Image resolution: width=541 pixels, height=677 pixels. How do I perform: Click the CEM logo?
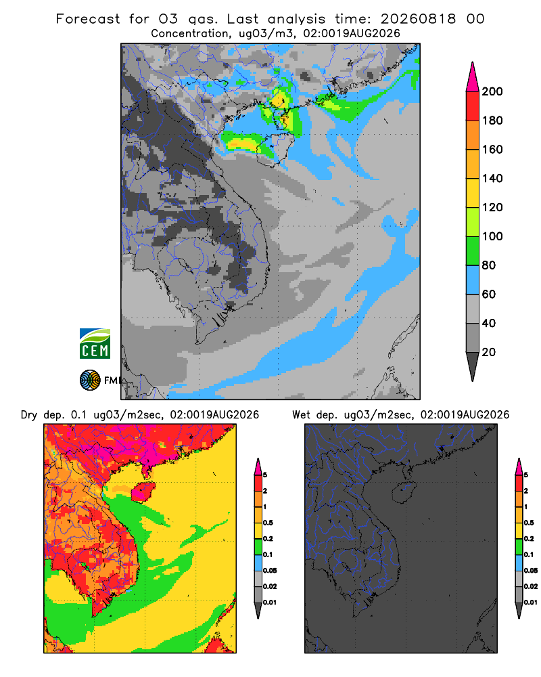(95, 343)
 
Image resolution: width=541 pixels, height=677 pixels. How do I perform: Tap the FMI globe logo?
(90, 380)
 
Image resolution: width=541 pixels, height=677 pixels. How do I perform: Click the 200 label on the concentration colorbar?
(492, 91)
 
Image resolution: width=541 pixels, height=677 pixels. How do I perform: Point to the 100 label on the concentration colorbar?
(492, 236)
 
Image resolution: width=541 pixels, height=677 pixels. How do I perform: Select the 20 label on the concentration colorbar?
(489, 352)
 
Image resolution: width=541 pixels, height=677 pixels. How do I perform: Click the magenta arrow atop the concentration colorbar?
(473, 77)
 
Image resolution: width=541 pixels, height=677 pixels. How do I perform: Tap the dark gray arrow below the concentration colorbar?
(473, 366)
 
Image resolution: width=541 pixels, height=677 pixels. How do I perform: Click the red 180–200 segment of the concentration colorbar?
(473, 106)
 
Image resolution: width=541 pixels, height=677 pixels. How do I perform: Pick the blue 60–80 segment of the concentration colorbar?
(473, 280)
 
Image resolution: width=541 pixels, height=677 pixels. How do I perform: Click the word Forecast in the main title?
(88, 19)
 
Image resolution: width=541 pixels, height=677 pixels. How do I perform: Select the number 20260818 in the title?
(418, 19)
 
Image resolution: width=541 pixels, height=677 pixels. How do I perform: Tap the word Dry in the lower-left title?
(29, 415)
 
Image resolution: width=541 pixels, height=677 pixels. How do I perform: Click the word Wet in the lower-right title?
(301, 415)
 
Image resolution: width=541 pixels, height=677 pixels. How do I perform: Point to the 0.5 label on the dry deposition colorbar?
(268, 523)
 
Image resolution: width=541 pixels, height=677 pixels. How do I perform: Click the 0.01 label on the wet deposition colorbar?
(531, 603)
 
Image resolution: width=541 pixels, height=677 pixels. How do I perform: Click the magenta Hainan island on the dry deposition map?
(143, 492)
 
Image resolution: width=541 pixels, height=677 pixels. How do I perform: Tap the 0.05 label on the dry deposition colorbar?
(270, 570)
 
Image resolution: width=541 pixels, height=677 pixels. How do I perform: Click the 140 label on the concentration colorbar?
(492, 178)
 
